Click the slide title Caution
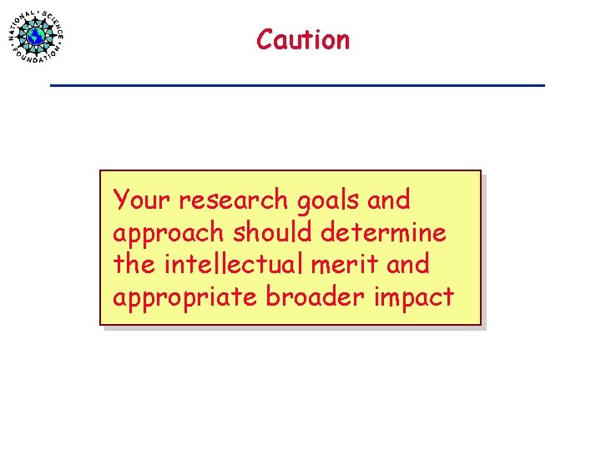pos(303,39)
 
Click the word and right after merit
pos(408,264)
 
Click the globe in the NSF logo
pos(36,37)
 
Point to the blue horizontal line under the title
pos(297,85)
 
